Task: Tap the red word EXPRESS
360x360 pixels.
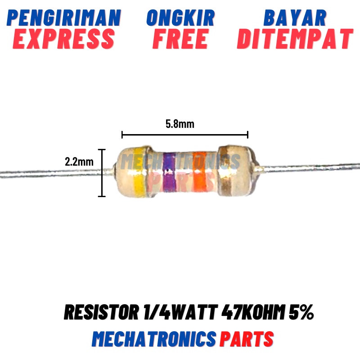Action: [x=64, y=39]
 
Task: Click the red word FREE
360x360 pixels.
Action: [x=180, y=39]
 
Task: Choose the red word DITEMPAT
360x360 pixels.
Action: [x=295, y=39]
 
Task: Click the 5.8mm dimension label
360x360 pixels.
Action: [x=180, y=124]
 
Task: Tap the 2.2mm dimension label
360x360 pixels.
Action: [x=79, y=162]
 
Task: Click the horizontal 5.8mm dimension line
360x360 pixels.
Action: [x=184, y=134]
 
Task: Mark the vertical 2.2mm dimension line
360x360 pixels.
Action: [x=103, y=173]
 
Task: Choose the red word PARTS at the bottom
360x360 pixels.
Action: [x=246, y=338]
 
